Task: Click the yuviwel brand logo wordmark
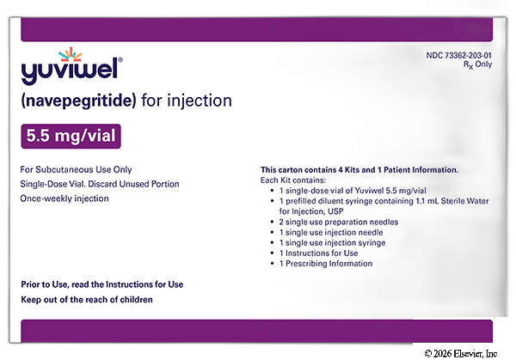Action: [x=70, y=71]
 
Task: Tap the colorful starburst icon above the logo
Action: [x=71, y=54]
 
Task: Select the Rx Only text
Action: [x=477, y=64]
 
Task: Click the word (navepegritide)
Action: [x=78, y=101]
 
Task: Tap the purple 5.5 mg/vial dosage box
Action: [x=71, y=136]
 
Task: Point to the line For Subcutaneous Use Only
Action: [x=76, y=169]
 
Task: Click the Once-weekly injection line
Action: [x=64, y=198]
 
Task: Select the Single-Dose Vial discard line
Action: [x=100, y=184]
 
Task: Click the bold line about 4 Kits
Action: [x=359, y=170]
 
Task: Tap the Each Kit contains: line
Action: [x=293, y=180]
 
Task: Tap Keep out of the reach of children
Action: [x=87, y=300]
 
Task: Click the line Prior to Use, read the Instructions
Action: [x=102, y=284]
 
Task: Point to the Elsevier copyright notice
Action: [x=461, y=354]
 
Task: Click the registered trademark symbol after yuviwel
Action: [x=120, y=60]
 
